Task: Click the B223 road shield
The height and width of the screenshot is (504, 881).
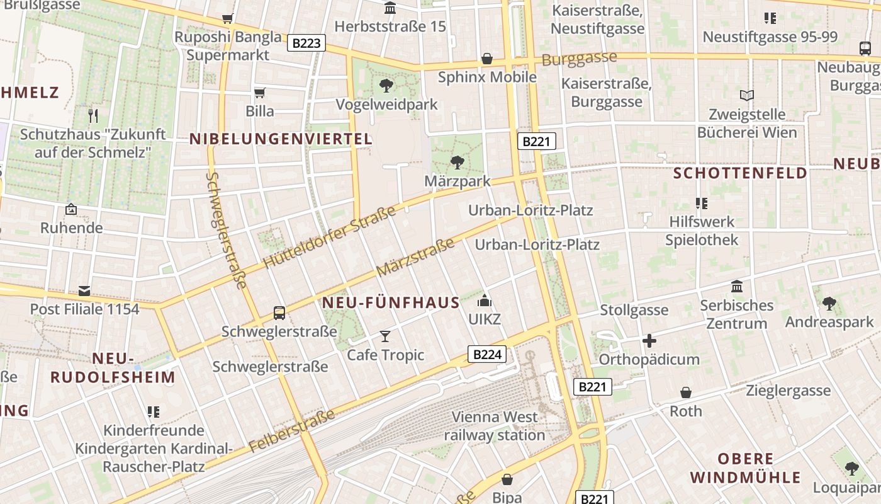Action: click(306, 43)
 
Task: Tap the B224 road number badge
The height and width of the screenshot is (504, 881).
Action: click(487, 354)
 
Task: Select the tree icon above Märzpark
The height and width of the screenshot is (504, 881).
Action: click(457, 163)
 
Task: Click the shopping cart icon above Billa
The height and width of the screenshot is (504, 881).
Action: click(259, 93)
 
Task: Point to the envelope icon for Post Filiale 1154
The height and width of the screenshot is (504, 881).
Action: click(84, 290)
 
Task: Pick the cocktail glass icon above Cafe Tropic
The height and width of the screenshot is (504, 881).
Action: click(385, 336)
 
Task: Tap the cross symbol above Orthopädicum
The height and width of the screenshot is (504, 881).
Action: click(649, 341)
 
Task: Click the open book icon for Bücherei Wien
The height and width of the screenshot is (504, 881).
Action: click(747, 96)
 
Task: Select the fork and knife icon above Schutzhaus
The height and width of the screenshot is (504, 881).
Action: click(93, 115)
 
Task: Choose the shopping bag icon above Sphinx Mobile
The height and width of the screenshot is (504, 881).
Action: click(487, 59)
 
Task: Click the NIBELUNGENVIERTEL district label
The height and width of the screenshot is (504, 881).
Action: click(281, 139)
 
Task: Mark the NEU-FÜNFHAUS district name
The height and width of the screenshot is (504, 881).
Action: click(391, 303)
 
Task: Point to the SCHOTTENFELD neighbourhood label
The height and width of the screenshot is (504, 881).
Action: click(740, 173)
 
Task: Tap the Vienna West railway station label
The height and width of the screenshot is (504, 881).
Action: click(495, 426)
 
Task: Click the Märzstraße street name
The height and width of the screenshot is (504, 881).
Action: click(415, 257)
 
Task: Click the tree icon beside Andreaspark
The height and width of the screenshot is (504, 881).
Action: click(829, 304)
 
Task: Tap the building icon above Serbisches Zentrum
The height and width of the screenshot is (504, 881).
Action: click(737, 287)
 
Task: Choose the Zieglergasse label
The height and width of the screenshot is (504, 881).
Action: click(788, 391)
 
